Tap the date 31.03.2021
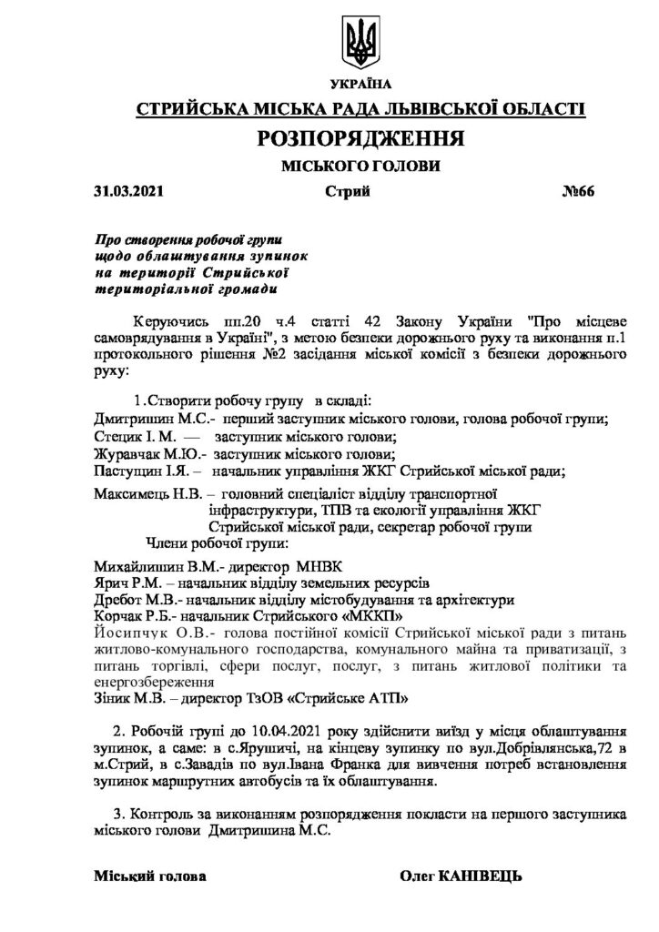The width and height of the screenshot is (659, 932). (x=127, y=192)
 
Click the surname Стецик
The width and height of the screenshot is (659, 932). (x=116, y=436)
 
